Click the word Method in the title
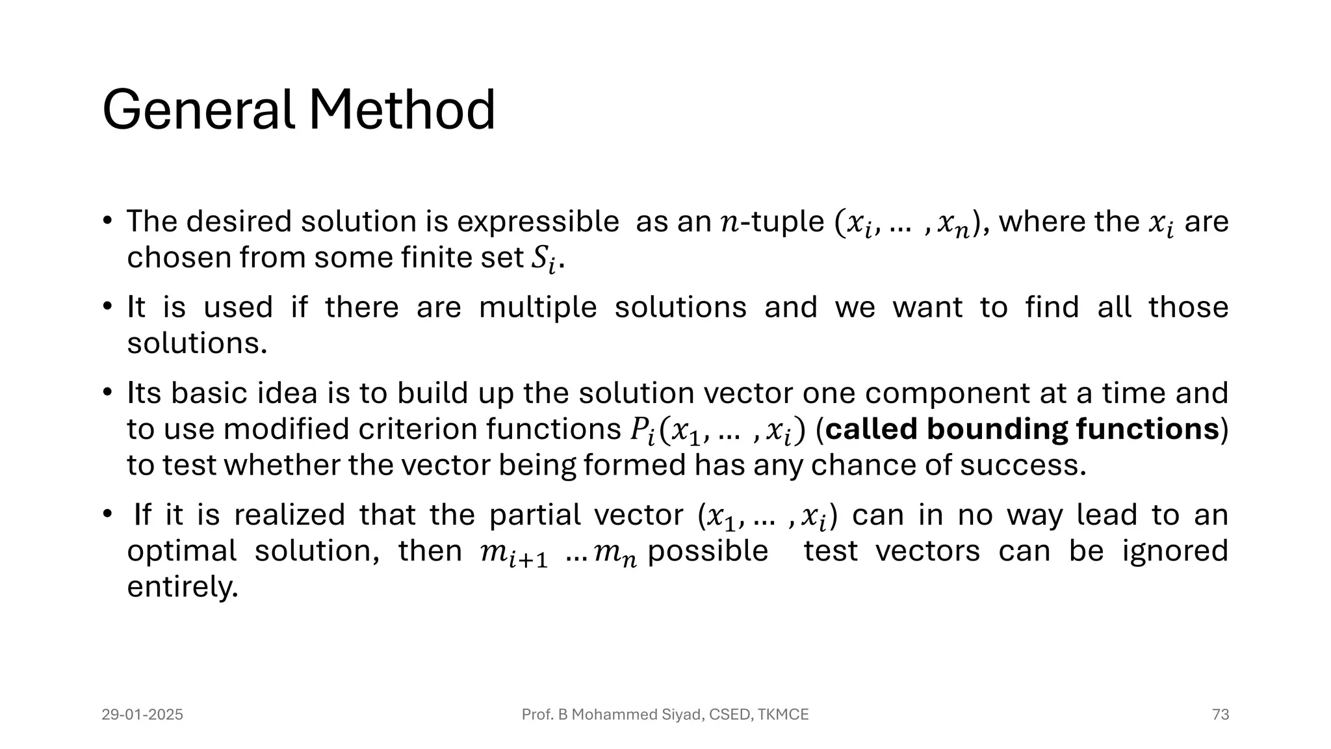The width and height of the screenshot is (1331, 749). point(402,111)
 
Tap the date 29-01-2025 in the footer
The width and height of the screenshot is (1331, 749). point(142,715)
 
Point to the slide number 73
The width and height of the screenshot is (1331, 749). point(1221,715)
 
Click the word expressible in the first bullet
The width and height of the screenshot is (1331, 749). point(538,222)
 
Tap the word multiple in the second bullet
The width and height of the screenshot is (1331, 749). point(537,308)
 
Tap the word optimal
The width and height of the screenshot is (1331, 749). point(181,551)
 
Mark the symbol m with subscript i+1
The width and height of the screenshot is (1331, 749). point(513,554)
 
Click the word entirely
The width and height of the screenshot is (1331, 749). point(182,587)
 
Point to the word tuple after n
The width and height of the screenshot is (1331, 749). point(788,222)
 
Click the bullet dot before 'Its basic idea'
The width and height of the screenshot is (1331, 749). point(108,393)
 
